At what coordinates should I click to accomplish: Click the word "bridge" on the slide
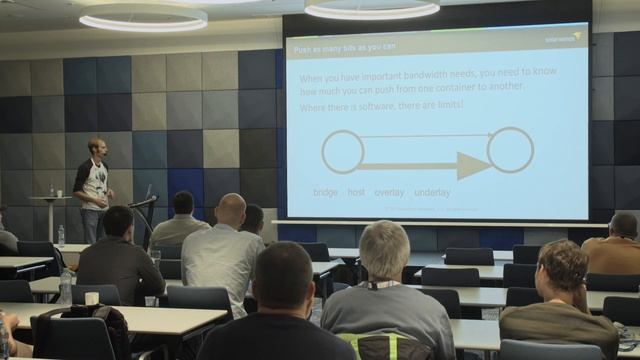click(x=325, y=192)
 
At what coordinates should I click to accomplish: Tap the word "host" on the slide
click(x=356, y=192)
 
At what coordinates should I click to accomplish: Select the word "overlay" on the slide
click(x=389, y=192)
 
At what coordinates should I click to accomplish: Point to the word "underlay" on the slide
click(x=432, y=192)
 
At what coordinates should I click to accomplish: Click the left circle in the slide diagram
click(x=342, y=152)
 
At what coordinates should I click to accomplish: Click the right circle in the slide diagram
click(x=510, y=150)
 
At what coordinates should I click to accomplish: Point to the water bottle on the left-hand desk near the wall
click(x=61, y=236)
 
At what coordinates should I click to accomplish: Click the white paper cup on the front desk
click(x=91, y=298)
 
